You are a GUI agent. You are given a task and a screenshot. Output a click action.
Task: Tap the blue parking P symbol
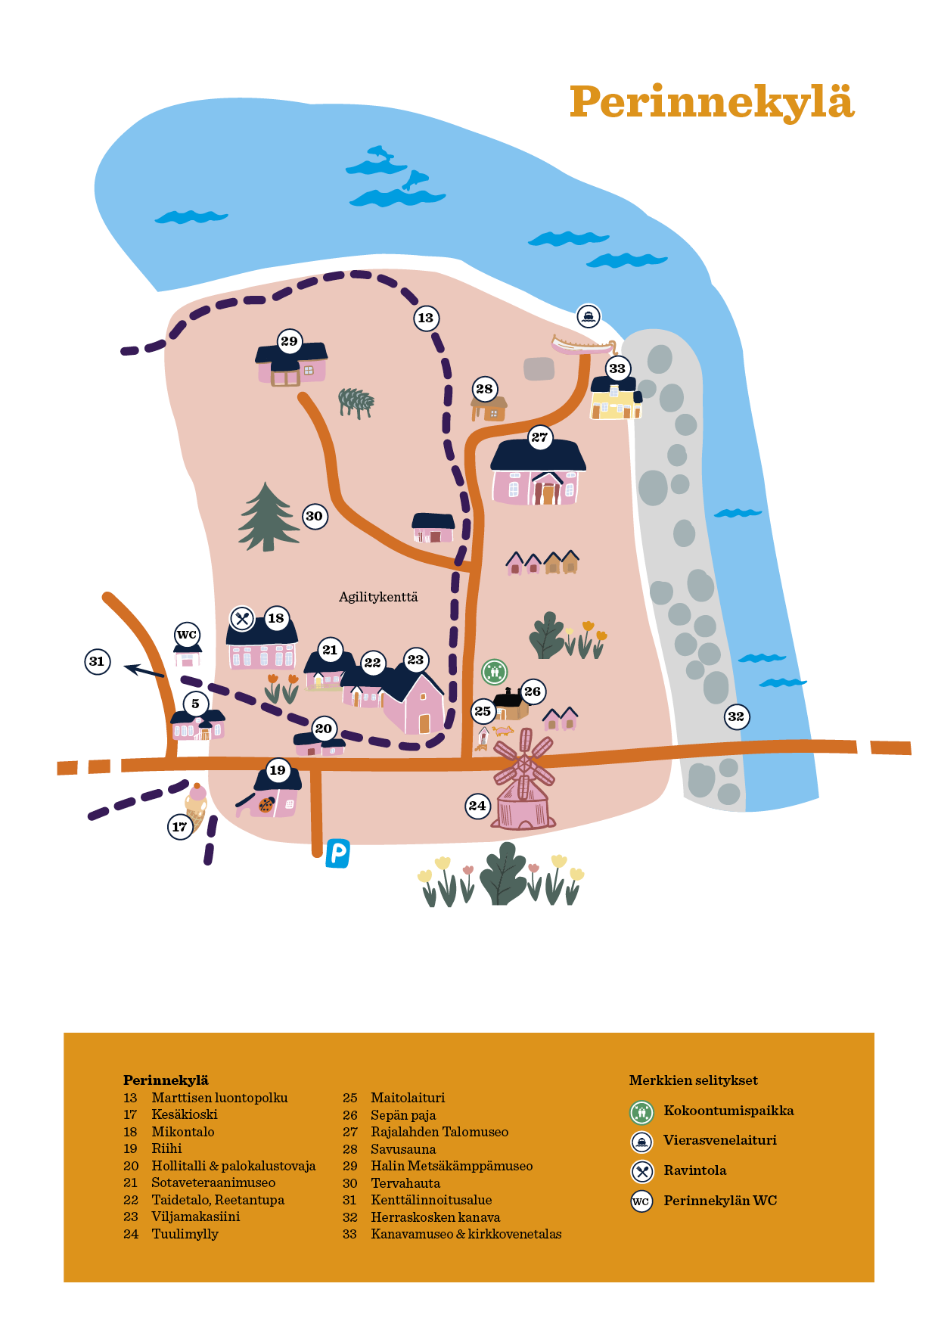pyautogui.click(x=337, y=853)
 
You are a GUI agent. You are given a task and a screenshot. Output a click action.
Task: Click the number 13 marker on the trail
pyautogui.click(x=426, y=318)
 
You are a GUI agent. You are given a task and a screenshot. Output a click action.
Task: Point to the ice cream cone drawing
pyautogui.click(x=196, y=808)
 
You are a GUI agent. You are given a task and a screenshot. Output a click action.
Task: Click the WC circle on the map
pyautogui.click(x=187, y=635)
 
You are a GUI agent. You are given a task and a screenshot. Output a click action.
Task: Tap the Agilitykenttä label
pyautogui.click(x=378, y=597)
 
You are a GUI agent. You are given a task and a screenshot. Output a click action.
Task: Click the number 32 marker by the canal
pyautogui.click(x=736, y=716)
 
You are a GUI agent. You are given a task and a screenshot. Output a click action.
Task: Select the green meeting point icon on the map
pyautogui.click(x=495, y=671)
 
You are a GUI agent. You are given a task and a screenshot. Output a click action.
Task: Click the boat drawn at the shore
pyautogui.click(x=583, y=347)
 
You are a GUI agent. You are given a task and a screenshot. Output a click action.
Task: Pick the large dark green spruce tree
pyautogui.click(x=268, y=518)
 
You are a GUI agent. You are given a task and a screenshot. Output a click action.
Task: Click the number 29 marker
pyautogui.click(x=289, y=341)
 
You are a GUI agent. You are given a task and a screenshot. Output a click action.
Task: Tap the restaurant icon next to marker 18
pyautogui.click(x=242, y=619)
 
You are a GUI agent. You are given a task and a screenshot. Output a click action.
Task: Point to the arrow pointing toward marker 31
pyautogui.click(x=144, y=670)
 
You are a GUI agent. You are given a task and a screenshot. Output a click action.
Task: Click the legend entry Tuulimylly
pyautogui.click(x=185, y=1234)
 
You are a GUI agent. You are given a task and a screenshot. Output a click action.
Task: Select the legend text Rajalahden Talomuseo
pyautogui.click(x=439, y=1132)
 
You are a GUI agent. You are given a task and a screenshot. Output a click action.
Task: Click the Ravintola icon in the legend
pyautogui.click(x=642, y=1171)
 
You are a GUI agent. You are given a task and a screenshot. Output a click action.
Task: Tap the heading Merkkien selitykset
pyautogui.click(x=693, y=1080)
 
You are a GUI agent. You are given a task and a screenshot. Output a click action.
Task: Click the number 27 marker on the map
pyautogui.click(x=539, y=437)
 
